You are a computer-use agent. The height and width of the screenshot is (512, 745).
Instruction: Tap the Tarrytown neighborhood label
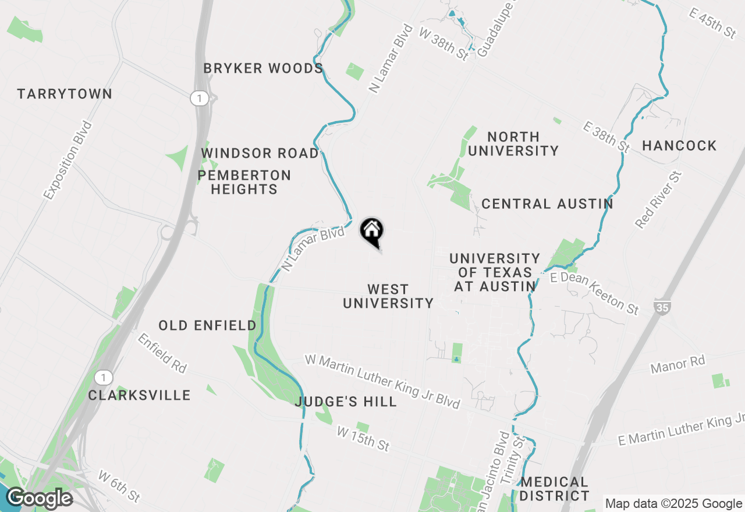click(x=65, y=94)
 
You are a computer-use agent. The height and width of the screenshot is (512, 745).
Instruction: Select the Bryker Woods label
click(x=263, y=68)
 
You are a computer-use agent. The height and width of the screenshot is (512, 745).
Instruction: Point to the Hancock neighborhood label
click(x=679, y=145)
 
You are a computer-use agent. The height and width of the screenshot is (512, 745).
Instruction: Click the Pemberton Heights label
click(x=244, y=182)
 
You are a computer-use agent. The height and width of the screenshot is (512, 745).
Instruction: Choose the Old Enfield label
click(x=208, y=325)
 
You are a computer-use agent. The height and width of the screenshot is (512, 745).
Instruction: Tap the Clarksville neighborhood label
click(x=140, y=395)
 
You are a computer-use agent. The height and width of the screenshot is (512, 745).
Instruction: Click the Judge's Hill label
click(x=346, y=401)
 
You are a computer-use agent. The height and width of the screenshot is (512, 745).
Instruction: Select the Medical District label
click(x=555, y=489)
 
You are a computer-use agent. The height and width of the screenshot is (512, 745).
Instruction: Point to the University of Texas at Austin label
click(x=495, y=272)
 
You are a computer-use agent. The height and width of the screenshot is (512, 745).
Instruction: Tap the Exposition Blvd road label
click(x=68, y=161)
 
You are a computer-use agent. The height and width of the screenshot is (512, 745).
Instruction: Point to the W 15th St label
click(x=363, y=438)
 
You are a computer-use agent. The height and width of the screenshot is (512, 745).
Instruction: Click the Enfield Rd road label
click(x=162, y=353)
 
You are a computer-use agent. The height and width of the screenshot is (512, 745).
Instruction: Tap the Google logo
click(x=39, y=499)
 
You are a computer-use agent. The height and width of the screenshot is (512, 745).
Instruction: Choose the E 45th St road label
click(x=712, y=23)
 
